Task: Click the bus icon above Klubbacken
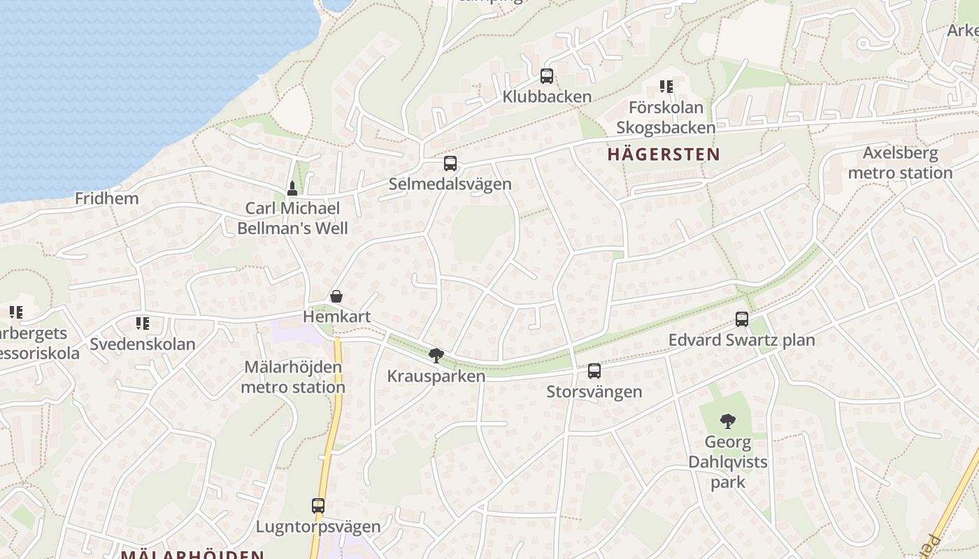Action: (547, 76)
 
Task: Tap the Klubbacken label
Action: (547, 96)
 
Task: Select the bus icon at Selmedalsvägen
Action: (450, 164)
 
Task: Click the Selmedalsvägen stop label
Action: (450, 184)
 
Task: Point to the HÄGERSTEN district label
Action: (664, 154)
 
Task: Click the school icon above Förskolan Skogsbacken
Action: (666, 87)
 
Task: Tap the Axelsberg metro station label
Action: (900, 163)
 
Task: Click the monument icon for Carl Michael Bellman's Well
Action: (292, 188)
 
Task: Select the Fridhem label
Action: (107, 198)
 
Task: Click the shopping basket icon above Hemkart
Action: (336, 296)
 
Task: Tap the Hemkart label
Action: (336, 317)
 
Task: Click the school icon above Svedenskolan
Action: (143, 324)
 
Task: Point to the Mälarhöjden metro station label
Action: (293, 377)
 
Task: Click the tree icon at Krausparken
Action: (436, 356)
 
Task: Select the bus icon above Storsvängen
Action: (594, 371)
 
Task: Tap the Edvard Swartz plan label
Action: (741, 340)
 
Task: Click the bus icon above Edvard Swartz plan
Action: (742, 319)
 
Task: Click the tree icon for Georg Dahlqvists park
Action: (728, 421)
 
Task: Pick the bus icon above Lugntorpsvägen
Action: (318, 506)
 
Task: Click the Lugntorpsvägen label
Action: (318, 526)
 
